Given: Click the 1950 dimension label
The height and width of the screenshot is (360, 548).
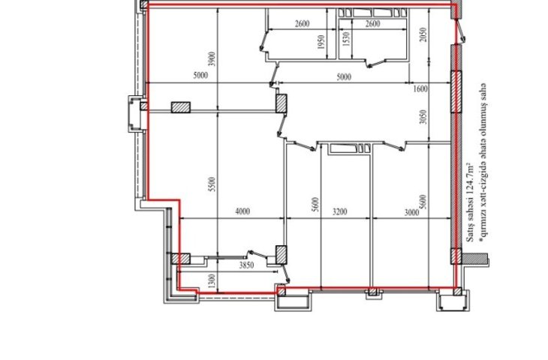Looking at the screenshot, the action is point(321,41).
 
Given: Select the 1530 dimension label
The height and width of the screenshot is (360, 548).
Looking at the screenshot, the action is point(346,39).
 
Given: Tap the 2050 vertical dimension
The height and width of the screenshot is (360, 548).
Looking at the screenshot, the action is point(423,35).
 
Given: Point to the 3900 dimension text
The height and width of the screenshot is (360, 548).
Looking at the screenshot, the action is point(212,59).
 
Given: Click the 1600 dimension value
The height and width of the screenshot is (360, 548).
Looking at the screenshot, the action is point(420,89).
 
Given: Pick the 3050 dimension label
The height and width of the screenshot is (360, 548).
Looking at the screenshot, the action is point(423,117).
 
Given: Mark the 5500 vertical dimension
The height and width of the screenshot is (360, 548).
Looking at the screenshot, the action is point(212,184).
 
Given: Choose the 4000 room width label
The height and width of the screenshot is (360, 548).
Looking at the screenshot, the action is point(242,211).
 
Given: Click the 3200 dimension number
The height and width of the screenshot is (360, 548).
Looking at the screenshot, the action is point(340,211).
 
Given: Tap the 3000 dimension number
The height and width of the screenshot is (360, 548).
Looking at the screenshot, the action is point(411,212).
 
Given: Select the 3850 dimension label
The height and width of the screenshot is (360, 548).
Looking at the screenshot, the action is point(246,265).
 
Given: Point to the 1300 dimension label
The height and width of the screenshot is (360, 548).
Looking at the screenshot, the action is point(212,281).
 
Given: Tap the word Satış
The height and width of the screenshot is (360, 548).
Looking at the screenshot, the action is point(471,234).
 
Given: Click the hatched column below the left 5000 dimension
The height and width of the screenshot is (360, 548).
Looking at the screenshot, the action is point(181,107).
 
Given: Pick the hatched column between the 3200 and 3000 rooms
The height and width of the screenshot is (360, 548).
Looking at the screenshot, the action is point(372,291).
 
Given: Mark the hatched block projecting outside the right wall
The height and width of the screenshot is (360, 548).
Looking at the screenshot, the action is point(474,259).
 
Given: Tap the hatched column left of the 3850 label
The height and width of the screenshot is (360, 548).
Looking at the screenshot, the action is point(181,259).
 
